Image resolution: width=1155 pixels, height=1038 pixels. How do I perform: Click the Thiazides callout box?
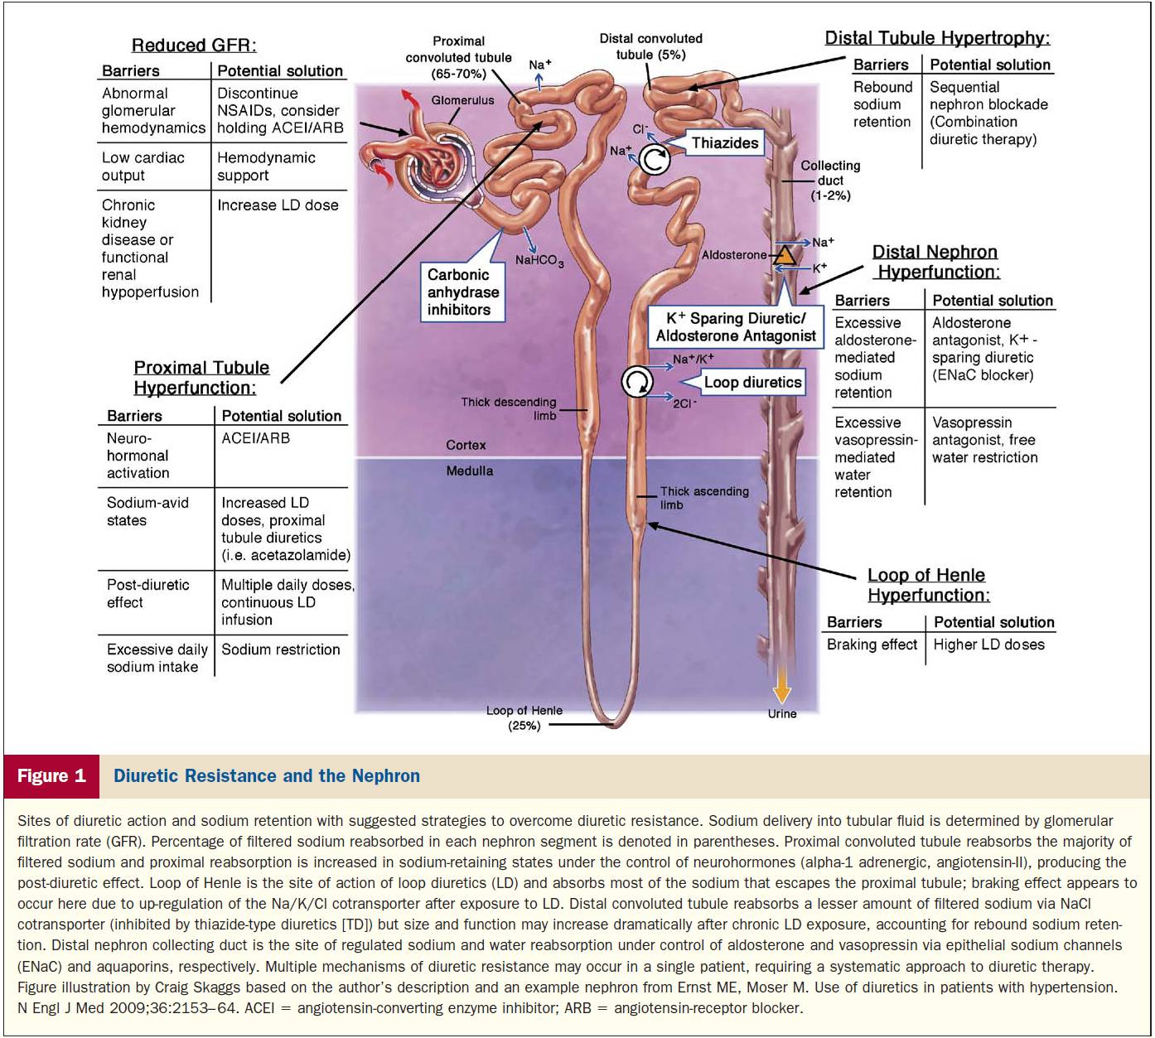point(724,142)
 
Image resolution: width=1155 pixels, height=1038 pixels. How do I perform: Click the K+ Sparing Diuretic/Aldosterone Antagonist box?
point(735,327)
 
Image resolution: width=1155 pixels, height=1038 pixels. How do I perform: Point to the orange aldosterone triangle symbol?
point(785,256)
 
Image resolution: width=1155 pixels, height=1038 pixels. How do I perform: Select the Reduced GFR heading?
point(194,45)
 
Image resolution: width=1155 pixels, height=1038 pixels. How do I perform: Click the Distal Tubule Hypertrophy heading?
point(937,38)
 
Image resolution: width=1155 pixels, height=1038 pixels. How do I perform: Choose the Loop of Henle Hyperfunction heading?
point(928,585)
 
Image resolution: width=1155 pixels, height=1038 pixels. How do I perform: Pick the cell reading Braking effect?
point(872,645)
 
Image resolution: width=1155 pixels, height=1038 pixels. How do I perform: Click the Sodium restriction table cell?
point(280,649)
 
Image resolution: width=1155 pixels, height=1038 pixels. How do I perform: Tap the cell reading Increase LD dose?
point(278,205)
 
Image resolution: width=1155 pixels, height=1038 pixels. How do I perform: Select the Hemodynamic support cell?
point(266,167)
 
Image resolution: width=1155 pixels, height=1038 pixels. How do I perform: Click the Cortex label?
point(466,445)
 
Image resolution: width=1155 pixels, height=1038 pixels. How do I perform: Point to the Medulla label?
point(469,471)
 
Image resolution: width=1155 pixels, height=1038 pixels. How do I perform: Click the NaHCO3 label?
point(539,261)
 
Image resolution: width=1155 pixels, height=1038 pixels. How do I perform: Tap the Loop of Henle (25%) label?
point(524,718)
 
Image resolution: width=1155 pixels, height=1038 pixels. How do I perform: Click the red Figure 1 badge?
point(51,776)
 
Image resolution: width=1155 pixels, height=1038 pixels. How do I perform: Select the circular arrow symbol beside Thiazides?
point(654,160)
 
